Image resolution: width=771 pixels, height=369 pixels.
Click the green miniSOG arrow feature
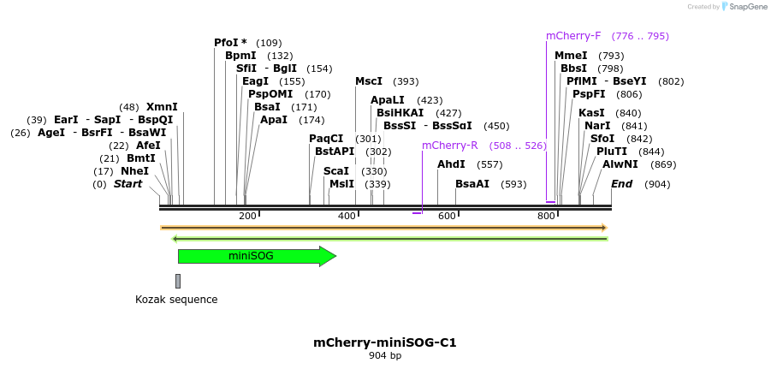point(257,256)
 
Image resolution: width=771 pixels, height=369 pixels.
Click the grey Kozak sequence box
point(178,281)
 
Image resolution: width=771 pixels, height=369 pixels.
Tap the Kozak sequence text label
point(176,300)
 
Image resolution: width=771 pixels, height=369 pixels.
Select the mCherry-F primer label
point(573,36)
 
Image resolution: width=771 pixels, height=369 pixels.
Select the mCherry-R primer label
point(450,146)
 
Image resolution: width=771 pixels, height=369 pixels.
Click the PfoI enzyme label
point(230,43)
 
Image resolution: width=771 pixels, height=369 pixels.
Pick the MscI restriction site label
point(369,81)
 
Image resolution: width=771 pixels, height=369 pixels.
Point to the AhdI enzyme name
point(451,164)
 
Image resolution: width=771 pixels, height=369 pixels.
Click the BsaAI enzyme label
point(472,184)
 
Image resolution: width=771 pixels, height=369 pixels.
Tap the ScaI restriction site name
point(336,171)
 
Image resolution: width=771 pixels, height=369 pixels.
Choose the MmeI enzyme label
point(571,56)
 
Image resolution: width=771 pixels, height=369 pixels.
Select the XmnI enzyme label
point(162,107)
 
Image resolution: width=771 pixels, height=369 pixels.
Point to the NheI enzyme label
point(134,171)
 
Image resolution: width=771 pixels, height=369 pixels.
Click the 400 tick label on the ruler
point(347,216)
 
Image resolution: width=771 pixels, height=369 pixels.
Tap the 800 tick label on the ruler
point(546,216)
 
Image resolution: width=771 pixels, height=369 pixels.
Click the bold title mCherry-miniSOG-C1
point(385,342)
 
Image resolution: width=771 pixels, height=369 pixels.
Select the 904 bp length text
point(385,355)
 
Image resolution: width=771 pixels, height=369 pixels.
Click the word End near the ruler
point(622,184)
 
